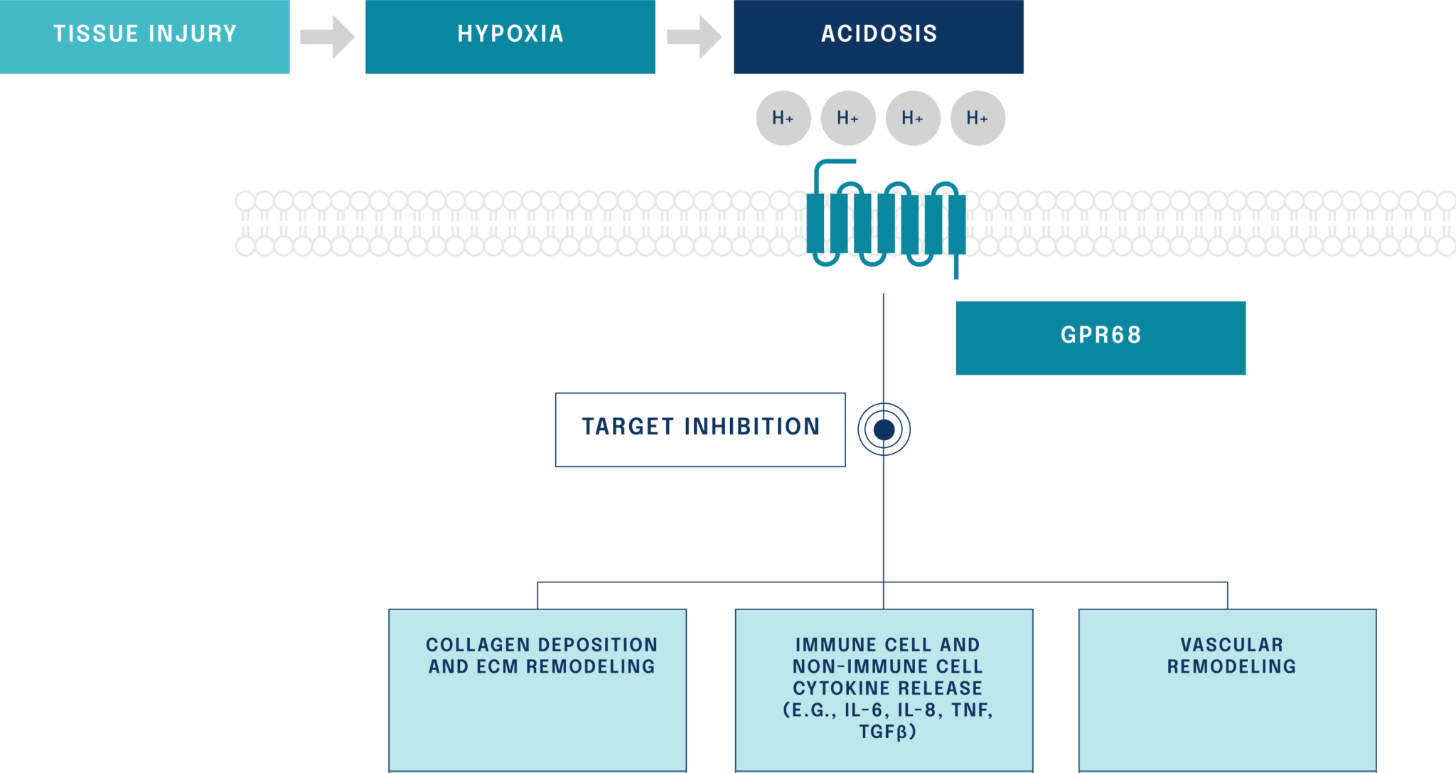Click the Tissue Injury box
(144, 36)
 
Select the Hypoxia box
(510, 36)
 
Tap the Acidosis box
(879, 36)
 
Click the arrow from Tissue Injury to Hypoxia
(327, 36)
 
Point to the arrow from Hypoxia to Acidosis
(694, 36)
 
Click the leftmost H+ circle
(783, 118)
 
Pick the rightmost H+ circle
(978, 118)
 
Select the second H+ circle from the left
(847, 118)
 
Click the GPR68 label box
(1100, 337)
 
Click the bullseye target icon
(884, 429)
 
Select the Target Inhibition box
(700, 429)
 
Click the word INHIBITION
(752, 427)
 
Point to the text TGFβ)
(887, 732)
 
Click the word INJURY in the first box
(193, 33)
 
